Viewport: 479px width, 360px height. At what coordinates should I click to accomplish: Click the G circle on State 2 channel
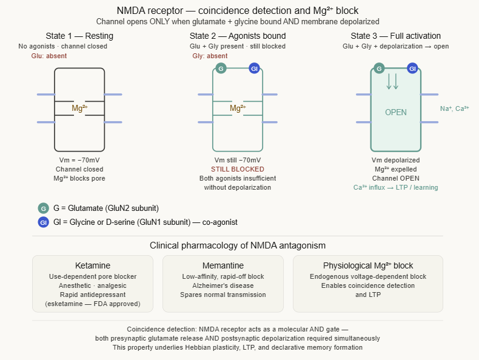tap(221, 68)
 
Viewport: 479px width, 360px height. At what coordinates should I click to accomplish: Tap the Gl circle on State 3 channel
tap(413, 68)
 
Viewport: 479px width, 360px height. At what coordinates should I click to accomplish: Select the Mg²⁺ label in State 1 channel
tap(79, 108)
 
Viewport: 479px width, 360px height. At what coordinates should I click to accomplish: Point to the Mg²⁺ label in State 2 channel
tap(238, 108)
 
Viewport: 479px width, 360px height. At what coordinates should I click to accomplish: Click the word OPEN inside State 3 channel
tap(396, 112)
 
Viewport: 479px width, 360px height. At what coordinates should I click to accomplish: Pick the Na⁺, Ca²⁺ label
tap(454, 108)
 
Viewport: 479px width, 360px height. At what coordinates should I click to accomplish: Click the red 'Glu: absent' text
tap(49, 56)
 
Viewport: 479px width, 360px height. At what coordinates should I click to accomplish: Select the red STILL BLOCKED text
tap(238, 169)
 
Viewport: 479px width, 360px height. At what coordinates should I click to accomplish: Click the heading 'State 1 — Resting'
tap(79, 36)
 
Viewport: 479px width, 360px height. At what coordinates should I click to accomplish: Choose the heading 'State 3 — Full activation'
tap(396, 36)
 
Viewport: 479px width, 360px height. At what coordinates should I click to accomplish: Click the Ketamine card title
tap(92, 265)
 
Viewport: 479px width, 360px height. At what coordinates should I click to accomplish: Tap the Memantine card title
tap(223, 265)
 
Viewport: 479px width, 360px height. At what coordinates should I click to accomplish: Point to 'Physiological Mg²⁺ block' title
tap(367, 265)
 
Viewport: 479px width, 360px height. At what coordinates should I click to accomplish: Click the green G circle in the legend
tap(42, 208)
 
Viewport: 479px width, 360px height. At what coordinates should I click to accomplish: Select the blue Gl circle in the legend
tap(42, 222)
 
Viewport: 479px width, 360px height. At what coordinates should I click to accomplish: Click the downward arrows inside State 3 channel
tap(392, 81)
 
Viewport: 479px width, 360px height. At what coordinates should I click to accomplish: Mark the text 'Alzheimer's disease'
tap(223, 285)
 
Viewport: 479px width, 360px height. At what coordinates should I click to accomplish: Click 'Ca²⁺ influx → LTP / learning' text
tap(396, 187)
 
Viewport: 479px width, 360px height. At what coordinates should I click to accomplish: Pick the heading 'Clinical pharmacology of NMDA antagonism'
tap(238, 245)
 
